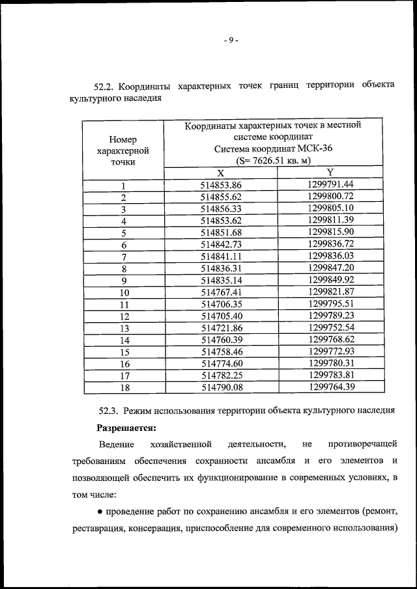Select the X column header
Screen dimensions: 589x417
click(221, 173)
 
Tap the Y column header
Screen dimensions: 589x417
click(330, 172)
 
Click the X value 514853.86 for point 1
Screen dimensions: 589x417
click(221, 185)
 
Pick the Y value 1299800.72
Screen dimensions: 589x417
click(330, 196)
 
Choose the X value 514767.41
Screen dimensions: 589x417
click(221, 292)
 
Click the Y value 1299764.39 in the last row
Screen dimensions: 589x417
click(330, 387)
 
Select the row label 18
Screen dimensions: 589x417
click(124, 387)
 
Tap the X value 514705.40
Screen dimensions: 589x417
click(221, 316)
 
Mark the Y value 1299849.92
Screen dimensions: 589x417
click(330, 280)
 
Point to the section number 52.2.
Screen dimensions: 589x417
click(104, 87)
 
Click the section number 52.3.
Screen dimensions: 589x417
click(109, 411)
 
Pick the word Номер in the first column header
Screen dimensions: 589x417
click(123, 139)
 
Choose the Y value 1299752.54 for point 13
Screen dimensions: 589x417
click(330, 327)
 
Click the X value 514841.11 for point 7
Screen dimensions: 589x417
click(221, 256)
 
